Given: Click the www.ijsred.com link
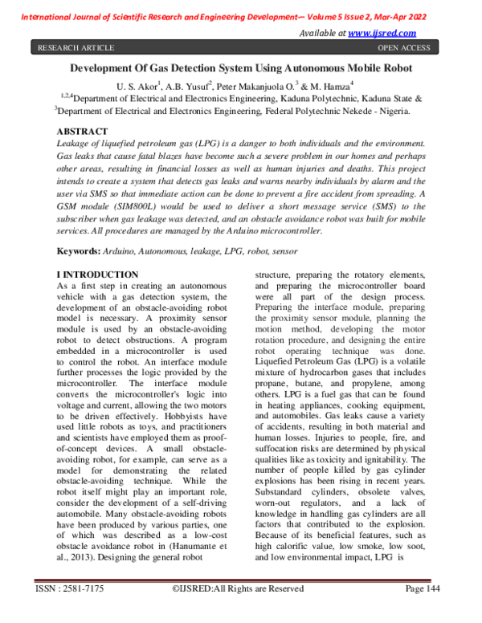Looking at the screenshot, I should click(382, 33).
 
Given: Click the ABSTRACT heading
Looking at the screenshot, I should click(82, 131).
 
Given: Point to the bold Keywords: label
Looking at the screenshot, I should click(78, 251).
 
